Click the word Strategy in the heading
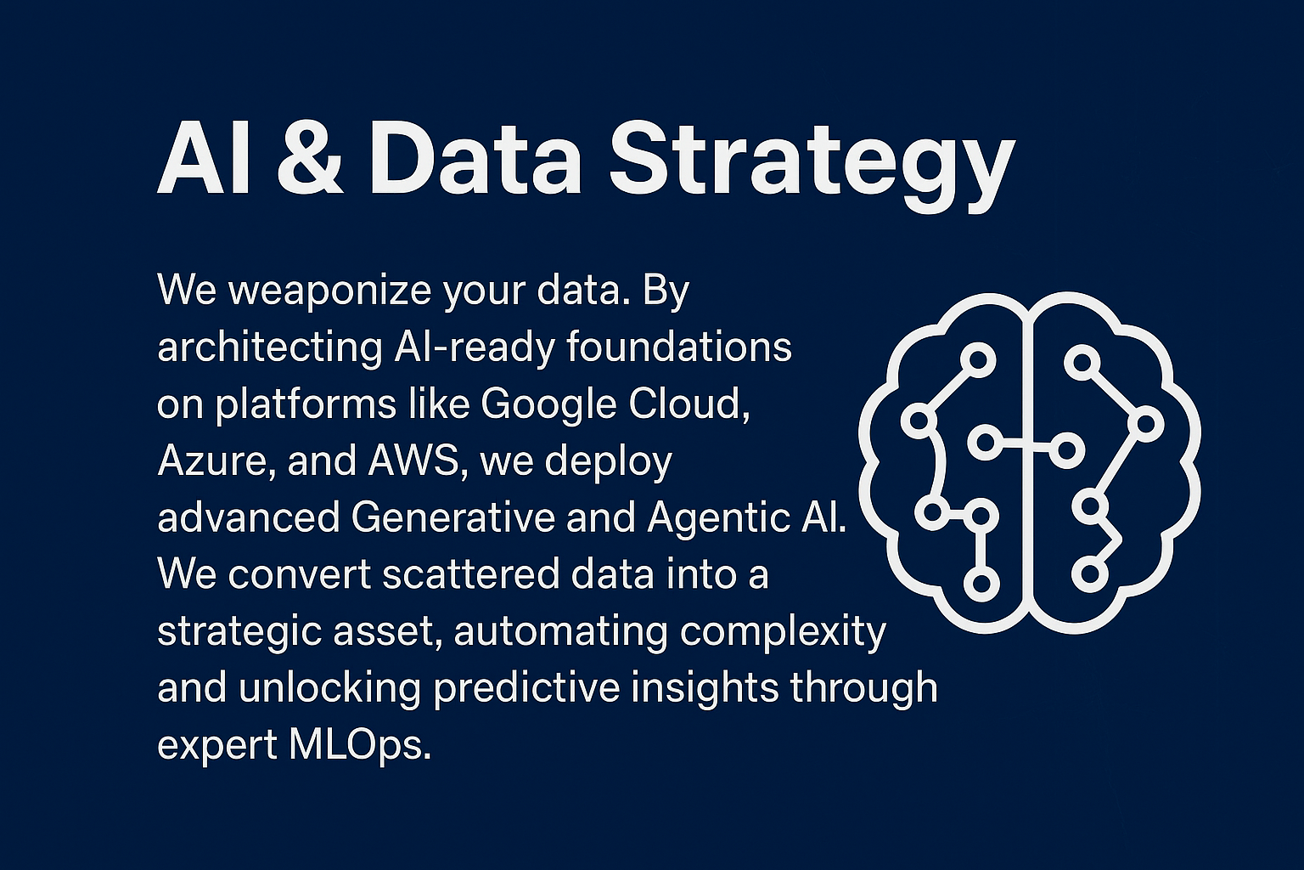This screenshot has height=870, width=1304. pos(812,161)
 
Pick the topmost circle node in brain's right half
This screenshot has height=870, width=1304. pos(1082,363)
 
